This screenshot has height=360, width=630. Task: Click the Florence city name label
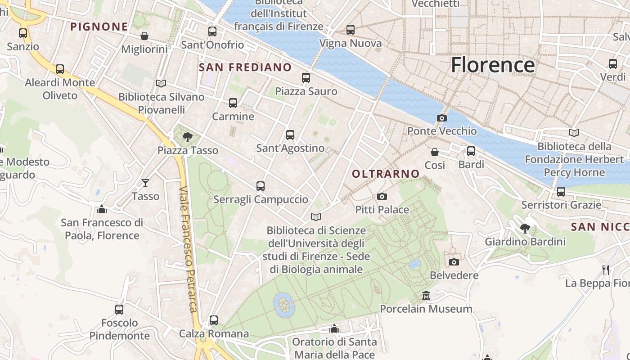(x=493, y=65)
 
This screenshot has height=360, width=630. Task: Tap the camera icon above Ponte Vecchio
(x=442, y=118)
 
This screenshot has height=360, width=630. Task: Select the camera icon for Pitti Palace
(x=382, y=196)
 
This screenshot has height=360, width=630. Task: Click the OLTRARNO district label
(x=386, y=174)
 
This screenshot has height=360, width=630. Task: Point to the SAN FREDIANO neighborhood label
(x=245, y=67)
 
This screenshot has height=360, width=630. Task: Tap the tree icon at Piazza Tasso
(x=188, y=137)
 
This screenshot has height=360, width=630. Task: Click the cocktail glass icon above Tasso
(x=145, y=183)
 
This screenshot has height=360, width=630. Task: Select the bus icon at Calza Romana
(x=214, y=320)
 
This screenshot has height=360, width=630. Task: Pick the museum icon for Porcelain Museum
(x=426, y=296)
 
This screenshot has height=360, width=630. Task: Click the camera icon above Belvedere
(x=454, y=262)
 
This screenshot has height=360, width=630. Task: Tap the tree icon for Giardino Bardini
(x=525, y=229)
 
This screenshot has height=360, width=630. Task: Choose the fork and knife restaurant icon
(x=606, y=270)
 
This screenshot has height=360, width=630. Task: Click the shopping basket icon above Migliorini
(x=144, y=36)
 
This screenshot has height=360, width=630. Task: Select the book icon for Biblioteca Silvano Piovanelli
(x=161, y=83)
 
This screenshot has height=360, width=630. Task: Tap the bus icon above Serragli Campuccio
(x=260, y=186)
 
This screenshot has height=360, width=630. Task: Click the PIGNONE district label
(x=99, y=27)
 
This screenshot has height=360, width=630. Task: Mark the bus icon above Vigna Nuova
(x=351, y=30)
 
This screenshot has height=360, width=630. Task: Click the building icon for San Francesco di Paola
(x=102, y=209)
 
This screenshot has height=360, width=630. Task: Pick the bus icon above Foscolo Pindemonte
(x=119, y=310)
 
